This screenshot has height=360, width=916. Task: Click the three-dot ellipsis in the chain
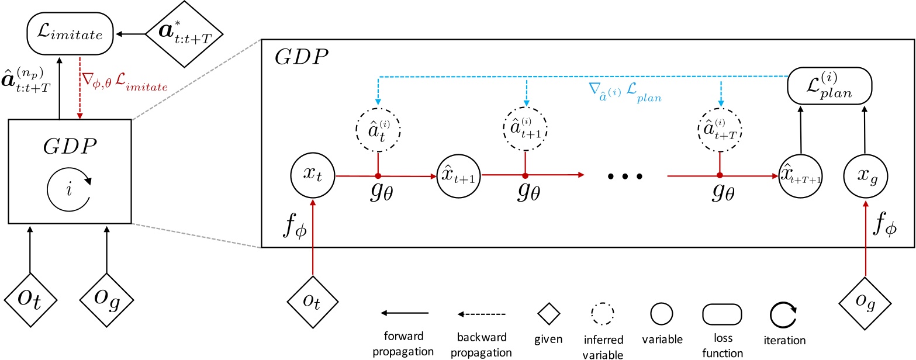click(625, 175)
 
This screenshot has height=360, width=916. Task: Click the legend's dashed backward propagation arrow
click(482, 314)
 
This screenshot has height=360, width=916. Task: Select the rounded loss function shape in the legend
click(723, 314)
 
